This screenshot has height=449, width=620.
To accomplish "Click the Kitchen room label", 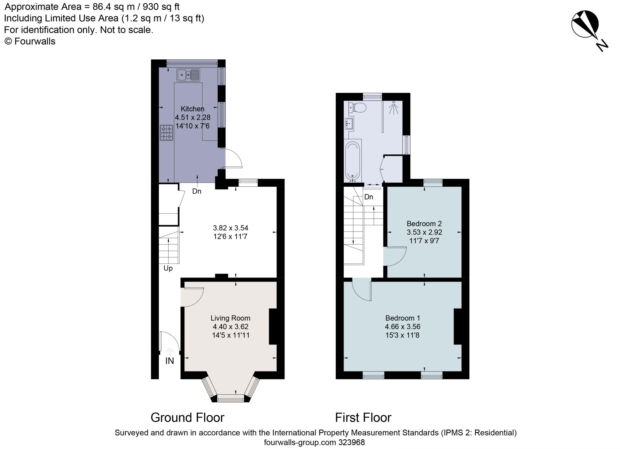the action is pos(193,109).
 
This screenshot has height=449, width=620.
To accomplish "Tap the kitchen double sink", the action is pos(188,75).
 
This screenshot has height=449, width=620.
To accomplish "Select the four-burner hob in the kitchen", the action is pos(167,133).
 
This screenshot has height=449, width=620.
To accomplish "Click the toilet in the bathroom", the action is pos(357,107).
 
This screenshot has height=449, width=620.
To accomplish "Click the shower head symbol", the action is pos(394,108).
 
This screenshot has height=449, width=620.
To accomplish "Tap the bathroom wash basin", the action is pos(349,124).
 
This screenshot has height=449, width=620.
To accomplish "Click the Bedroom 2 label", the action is pos(424,224).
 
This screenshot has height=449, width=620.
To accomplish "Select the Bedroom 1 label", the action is pos(403,318).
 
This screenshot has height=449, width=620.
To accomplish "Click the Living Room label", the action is pos(230,318).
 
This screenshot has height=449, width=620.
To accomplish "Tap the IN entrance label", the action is pos(170,361).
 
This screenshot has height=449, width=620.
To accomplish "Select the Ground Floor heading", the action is pos(187,417).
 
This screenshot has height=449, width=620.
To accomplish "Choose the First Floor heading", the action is pos(363,417).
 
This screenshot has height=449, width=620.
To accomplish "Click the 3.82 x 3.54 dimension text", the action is pos(231,228).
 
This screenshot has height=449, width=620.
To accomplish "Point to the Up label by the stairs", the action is pos(168,268).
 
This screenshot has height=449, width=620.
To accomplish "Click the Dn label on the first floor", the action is pos(369,197).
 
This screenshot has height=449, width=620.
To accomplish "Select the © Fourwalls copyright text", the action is pos(30,41).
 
